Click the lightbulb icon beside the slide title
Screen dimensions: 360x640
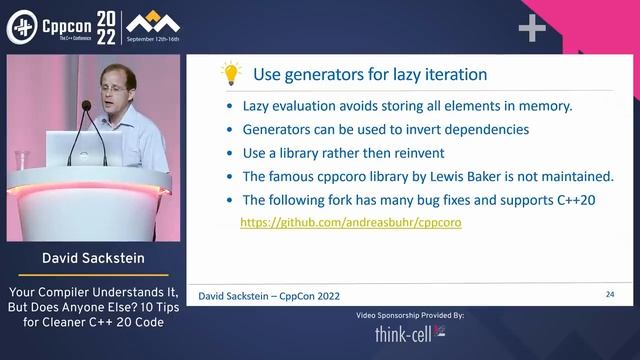(x=231, y=73)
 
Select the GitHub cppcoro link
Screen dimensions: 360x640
(x=351, y=223)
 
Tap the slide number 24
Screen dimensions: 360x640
(x=610, y=295)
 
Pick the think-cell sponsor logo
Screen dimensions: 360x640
(x=410, y=334)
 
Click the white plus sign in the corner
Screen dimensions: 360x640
(x=532, y=28)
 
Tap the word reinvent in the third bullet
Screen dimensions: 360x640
(x=415, y=153)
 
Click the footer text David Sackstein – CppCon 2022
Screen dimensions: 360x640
(x=270, y=296)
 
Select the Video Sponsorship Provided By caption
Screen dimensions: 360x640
(x=410, y=315)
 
